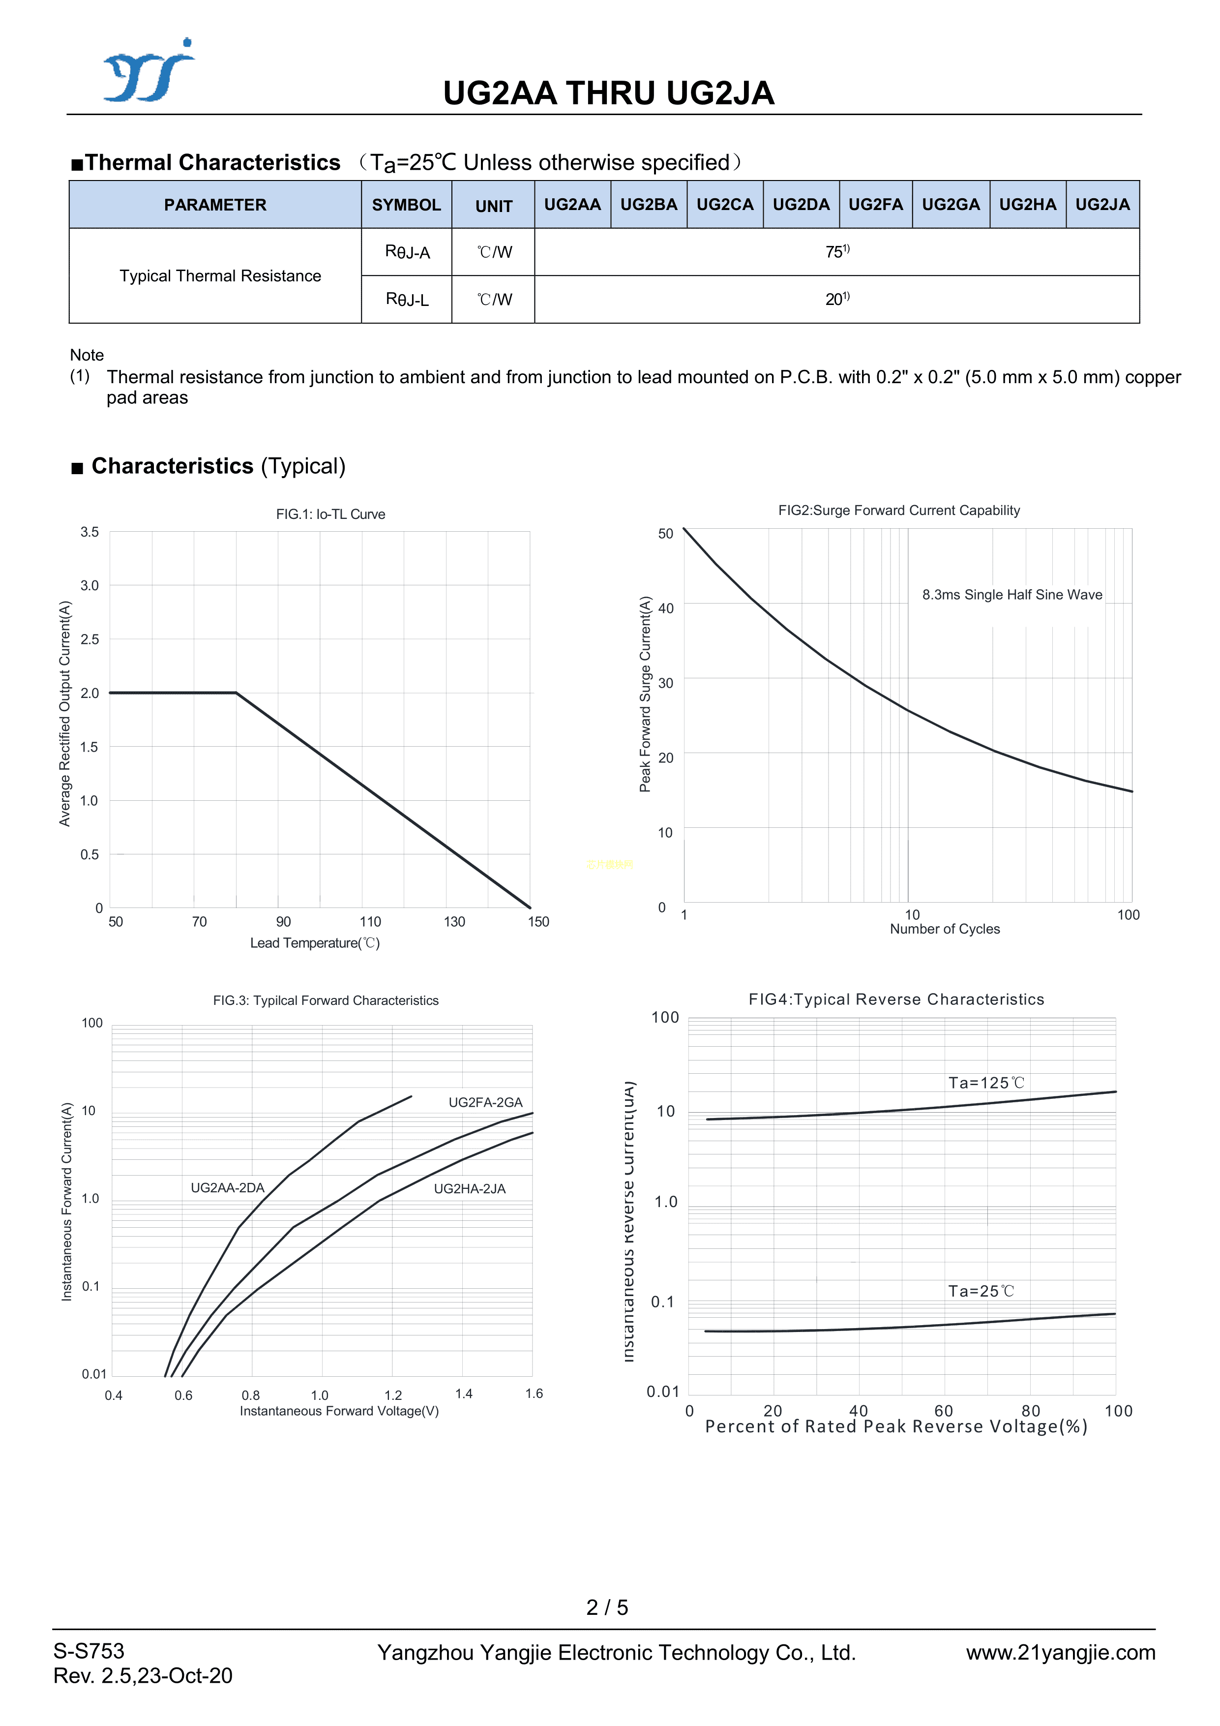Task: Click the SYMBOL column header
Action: tap(406, 205)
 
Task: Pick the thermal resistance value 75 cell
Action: tap(836, 252)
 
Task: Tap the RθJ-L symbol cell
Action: tap(407, 299)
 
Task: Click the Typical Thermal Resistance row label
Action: tap(220, 276)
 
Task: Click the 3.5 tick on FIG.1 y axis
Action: tap(89, 532)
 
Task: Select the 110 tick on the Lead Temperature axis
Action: tap(370, 922)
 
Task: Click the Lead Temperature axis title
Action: tap(315, 943)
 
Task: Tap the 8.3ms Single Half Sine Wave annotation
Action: tap(1012, 595)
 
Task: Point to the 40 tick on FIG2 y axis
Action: tap(665, 608)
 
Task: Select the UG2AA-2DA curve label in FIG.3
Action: tap(227, 1188)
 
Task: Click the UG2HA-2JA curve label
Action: tap(469, 1188)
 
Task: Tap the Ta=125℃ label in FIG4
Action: tap(985, 1083)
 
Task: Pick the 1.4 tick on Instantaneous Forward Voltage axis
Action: tap(464, 1393)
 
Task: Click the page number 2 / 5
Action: tap(607, 1607)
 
